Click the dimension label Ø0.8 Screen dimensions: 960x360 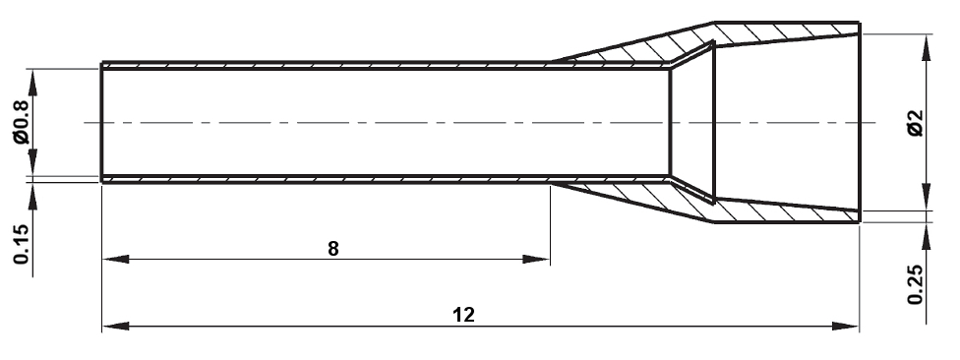click(x=22, y=122)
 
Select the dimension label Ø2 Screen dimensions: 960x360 click(x=916, y=122)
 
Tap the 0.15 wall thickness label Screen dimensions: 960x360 click(x=22, y=244)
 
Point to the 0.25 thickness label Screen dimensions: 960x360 click(x=916, y=284)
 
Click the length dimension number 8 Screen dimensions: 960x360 click(x=333, y=249)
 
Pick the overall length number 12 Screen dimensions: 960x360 click(x=463, y=316)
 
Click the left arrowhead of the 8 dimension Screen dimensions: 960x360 click(x=116, y=259)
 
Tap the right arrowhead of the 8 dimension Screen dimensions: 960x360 click(x=536, y=259)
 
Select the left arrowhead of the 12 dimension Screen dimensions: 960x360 click(x=116, y=326)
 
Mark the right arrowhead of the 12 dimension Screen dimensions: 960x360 click(x=846, y=326)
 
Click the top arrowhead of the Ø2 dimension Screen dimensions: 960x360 click(x=927, y=47)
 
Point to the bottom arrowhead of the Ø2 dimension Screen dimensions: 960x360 click(x=927, y=197)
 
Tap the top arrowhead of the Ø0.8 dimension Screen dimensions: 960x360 click(x=32, y=82)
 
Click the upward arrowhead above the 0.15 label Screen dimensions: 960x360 click(x=32, y=196)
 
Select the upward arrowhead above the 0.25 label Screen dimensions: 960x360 click(x=927, y=236)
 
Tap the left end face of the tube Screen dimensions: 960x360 click(x=101, y=122)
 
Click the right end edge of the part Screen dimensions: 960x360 click(x=860, y=122)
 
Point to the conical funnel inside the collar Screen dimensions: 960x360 click(x=693, y=122)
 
